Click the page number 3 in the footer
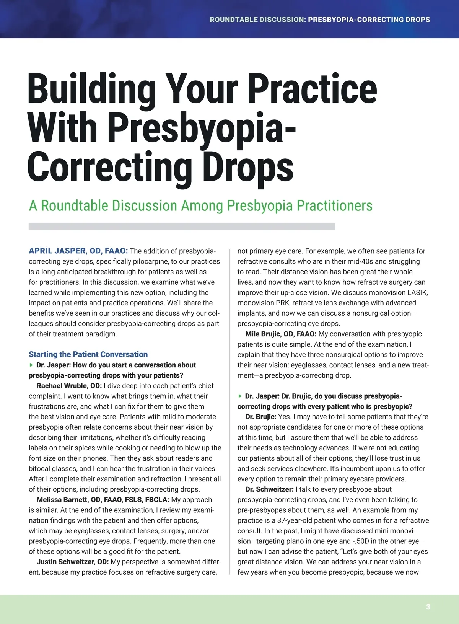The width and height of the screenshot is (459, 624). point(428,607)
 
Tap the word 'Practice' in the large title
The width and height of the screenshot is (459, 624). point(312,89)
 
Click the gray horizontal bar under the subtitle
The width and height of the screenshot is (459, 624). point(182,226)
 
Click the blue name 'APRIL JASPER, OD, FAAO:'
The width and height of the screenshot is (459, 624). point(78,251)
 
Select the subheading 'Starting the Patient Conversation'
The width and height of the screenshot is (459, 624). point(88,354)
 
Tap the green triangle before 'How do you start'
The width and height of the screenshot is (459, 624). point(31,365)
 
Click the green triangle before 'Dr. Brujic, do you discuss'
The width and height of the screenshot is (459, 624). point(240,396)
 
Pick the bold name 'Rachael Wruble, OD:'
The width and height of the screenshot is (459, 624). point(69,386)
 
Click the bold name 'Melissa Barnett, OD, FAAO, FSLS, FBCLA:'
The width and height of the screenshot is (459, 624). point(103,500)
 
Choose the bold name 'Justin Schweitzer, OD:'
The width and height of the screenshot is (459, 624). point(73,562)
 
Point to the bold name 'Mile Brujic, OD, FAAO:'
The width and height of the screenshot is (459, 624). point(281,334)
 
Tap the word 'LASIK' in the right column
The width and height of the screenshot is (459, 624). point(417,293)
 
